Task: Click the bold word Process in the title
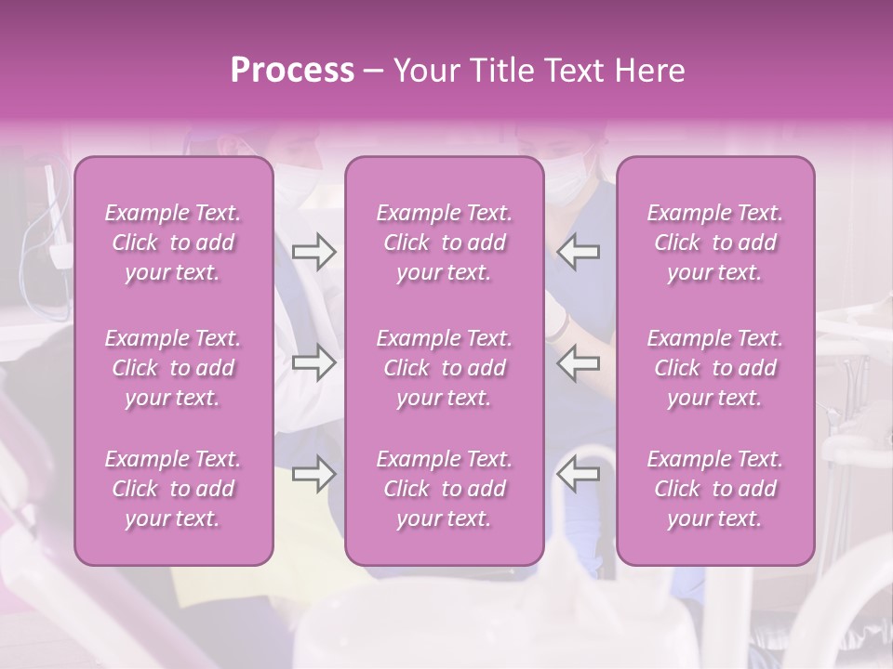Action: [292, 71]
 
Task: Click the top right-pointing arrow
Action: [313, 251]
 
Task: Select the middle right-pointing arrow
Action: [313, 363]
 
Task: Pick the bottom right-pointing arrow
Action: [313, 475]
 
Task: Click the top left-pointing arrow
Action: [578, 251]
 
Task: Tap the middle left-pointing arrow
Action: [578, 363]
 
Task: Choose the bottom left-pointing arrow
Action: [578, 475]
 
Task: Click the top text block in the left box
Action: [173, 243]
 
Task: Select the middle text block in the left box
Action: [173, 368]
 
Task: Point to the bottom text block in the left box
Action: [173, 489]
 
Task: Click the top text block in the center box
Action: [444, 243]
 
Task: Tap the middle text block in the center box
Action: [444, 368]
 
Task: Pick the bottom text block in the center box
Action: [444, 489]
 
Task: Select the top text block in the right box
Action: [714, 243]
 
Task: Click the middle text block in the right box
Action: [714, 368]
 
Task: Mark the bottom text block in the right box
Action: [714, 489]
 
